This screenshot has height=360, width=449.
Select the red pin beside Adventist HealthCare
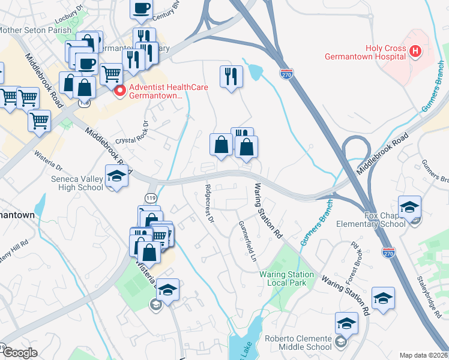119,91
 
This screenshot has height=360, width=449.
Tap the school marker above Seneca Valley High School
116,176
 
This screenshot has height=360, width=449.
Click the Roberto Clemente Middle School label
297,342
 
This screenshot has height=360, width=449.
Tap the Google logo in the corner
19,352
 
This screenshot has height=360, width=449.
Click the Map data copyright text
424,355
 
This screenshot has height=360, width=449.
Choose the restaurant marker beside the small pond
231,76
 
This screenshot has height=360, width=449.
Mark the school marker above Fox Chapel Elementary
409,207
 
